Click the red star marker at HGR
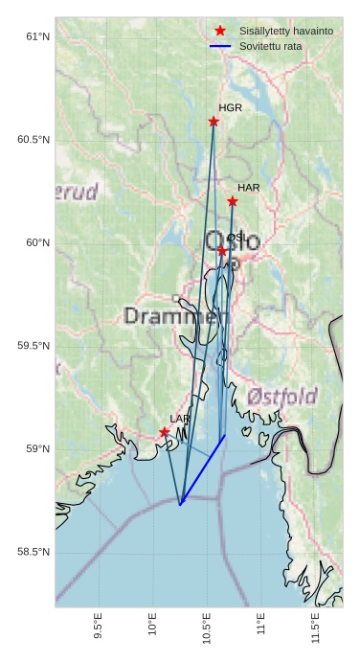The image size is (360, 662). (x=214, y=122)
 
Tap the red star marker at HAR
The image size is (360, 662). (x=233, y=201)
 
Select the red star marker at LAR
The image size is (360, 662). (x=165, y=432)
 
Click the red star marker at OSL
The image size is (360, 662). (x=222, y=251)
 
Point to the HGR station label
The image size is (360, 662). (x=230, y=108)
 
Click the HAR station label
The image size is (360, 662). (x=249, y=188)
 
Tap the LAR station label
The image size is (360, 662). (x=180, y=419)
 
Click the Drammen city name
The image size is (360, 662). (x=176, y=315)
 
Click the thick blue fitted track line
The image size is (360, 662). (x=202, y=469)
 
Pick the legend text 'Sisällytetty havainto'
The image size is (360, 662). (x=286, y=31)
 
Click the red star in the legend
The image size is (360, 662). (x=221, y=31)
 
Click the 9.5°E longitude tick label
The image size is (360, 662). (x=99, y=626)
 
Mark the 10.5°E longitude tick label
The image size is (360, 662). (x=208, y=626)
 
